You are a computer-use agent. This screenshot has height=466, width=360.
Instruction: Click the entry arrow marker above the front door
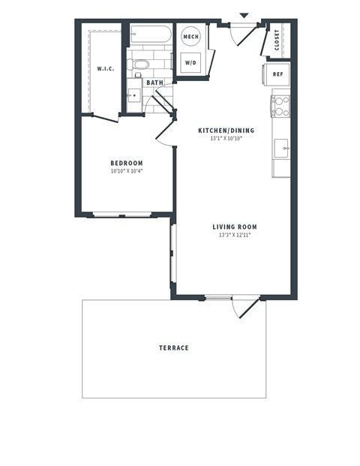pos(244,15)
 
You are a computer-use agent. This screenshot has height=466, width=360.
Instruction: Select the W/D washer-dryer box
pos(190,63)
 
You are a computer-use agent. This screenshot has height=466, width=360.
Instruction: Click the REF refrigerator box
pos(276,74)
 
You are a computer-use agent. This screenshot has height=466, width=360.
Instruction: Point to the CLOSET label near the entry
pos(277,39)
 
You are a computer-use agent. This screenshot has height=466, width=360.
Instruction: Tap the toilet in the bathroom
pos(139,65)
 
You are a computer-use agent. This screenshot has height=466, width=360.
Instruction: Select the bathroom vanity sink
pos(133,96)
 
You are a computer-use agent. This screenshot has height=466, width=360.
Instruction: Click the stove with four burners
pos(280,107)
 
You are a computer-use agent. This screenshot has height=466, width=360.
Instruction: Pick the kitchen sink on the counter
pos(282,147)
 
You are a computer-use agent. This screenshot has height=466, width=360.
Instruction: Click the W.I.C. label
pos(106,68)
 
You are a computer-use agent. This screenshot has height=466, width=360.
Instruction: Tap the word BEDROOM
pos(127,163)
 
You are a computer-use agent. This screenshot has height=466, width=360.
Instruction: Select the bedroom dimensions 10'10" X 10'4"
pos(127,171)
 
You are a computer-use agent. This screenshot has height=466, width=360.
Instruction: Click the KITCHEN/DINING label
pos(226,131)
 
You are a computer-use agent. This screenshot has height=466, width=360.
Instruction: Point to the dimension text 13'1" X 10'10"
pos(226,139)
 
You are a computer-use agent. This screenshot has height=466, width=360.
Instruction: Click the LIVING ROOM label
pos(234,227)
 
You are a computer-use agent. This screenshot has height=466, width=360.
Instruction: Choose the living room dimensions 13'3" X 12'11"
pos(234,235)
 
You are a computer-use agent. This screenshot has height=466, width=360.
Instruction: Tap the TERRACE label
pos(173,347)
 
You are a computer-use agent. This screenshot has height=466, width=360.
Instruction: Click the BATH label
pos(154,83)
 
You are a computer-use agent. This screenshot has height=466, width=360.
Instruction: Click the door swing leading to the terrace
pos(244,306)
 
